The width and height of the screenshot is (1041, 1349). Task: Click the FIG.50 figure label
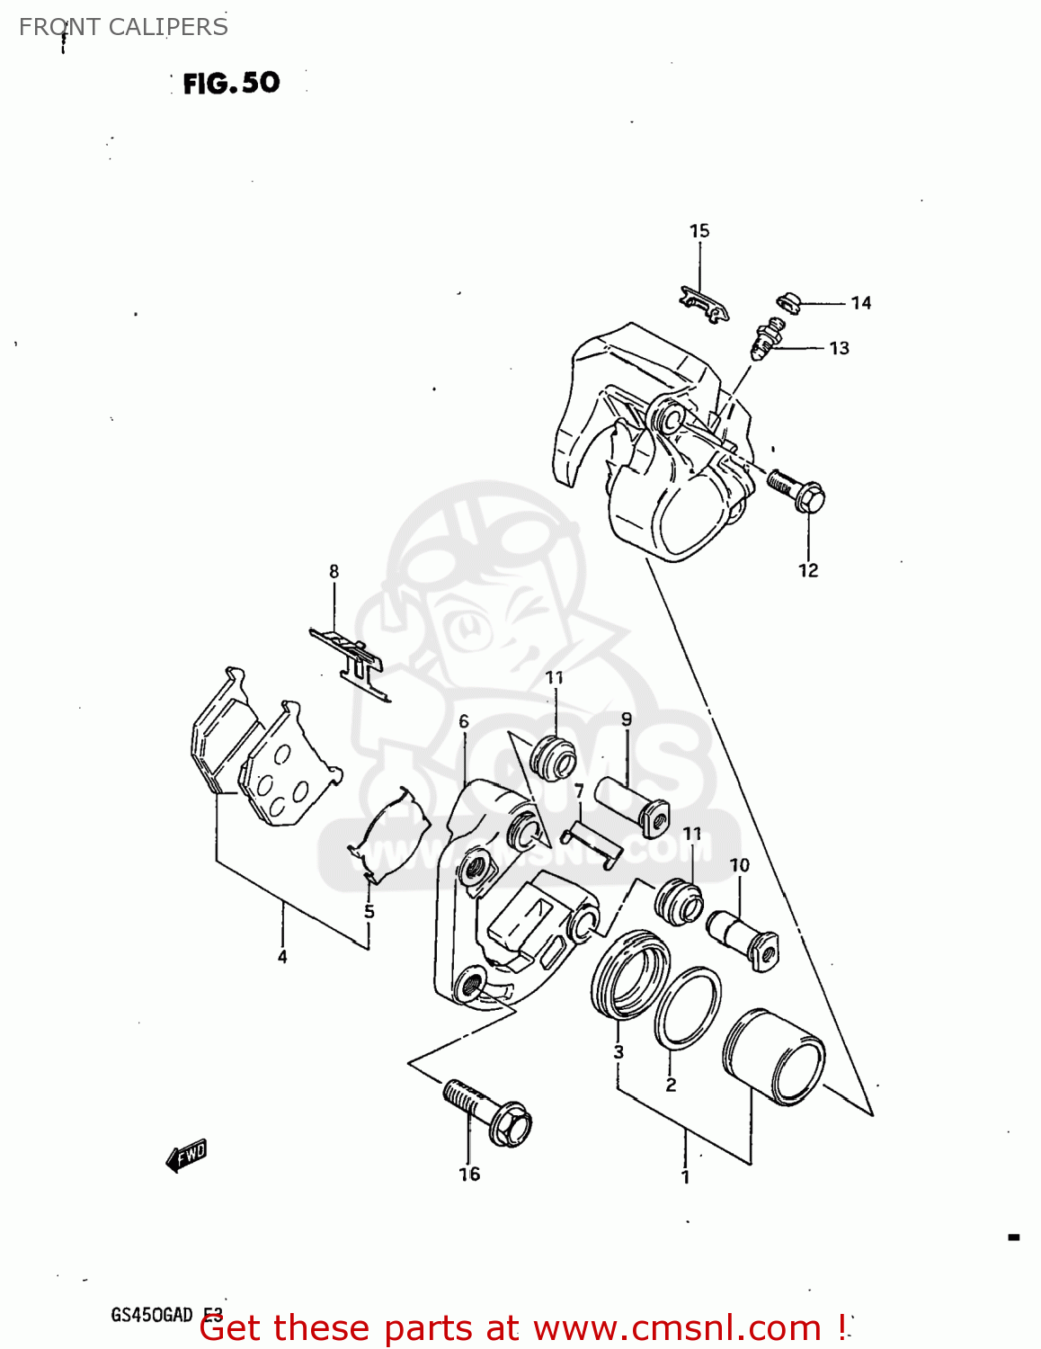[231, 83]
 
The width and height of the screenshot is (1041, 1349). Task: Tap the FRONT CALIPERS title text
[123, 27]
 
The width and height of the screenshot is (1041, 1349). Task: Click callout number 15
[699, 231]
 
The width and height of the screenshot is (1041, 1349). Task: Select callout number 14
[861, 303]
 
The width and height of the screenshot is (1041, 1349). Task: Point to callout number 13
[839, 348]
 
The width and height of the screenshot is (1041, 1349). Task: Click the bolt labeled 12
[798, 490]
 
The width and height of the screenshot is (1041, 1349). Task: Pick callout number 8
[334, 571]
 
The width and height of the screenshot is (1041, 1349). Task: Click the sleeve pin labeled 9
[632, 803]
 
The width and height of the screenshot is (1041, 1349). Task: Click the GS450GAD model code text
[152, 1314]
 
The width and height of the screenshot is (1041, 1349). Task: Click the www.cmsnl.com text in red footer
[677, 1328]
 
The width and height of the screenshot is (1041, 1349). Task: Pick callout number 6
[464, 721]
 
